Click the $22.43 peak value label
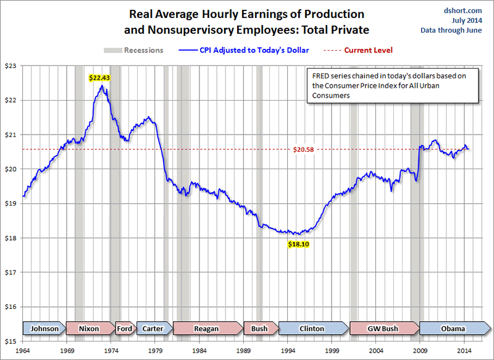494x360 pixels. coord(99,78)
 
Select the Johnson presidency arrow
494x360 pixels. coord(44,329)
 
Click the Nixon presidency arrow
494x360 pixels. coord(88,329)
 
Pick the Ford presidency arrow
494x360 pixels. coord(124,329)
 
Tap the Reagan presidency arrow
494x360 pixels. coord(207,329)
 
